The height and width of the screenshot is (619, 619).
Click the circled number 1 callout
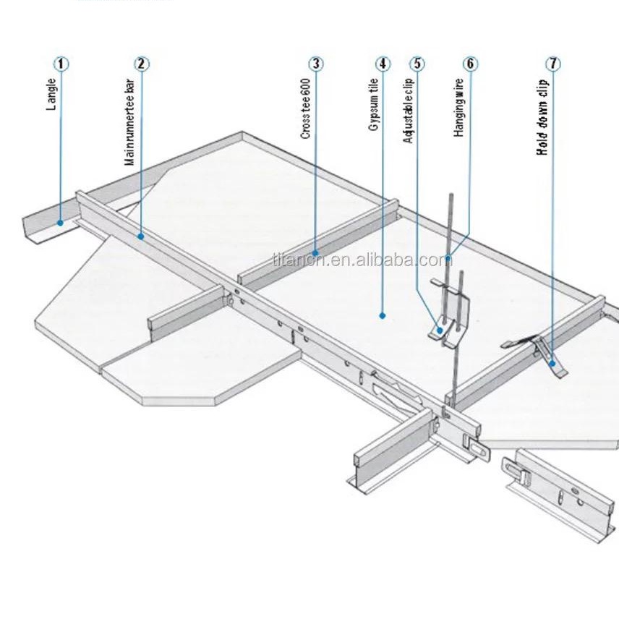click(61, 64)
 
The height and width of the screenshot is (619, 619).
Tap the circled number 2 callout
click(142, 64)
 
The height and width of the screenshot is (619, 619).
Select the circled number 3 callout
click(315, 64)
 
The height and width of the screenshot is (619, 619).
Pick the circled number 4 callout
click(383, 64)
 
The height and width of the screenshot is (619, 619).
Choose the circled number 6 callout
click(469, 64)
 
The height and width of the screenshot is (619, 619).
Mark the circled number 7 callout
click(553, 64)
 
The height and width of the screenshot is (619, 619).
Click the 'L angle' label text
click(51, 94)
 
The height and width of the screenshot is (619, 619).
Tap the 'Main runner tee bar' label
click(130, 122)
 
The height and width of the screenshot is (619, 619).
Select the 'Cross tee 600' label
click(306, 108)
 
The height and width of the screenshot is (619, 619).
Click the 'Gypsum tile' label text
click(373, 105)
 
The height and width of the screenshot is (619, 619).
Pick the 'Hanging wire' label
click(459, 108)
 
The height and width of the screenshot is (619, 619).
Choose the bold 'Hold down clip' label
click(542, 116)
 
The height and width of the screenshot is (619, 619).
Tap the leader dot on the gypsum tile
click(381, 315)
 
